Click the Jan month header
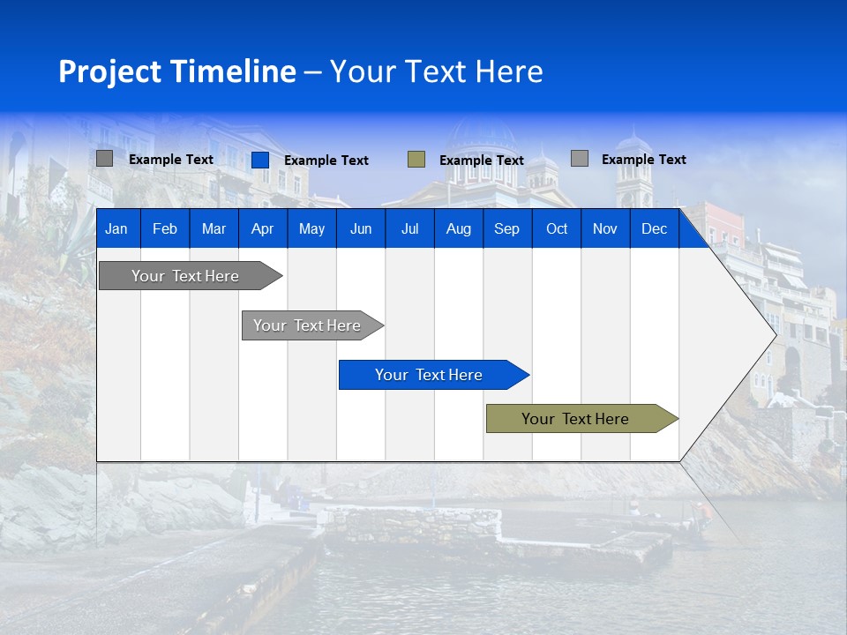tap(116, 229)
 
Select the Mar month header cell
tap(214, 229)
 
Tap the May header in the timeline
tap(311, 229)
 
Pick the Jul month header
tap(409, 229)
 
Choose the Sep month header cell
tap(506, 229)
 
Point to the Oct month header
tap(557, 229)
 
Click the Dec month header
tap(654, 229)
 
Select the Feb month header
tap(165, 229)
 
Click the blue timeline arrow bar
tap(429, 375)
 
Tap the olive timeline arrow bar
tap(575, 419)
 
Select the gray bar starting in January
tap(185, 276)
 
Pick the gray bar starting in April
tap(307, 325)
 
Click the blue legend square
tap(260, 160)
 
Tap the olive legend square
tap(416, 160)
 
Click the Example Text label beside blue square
tap(326, 161)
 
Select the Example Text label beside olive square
tap(482, 161)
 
